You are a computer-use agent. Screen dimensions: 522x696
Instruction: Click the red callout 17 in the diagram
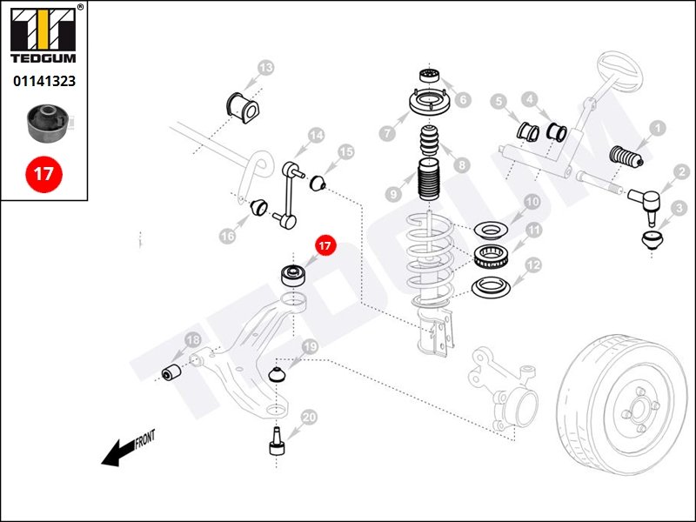coord(325,246)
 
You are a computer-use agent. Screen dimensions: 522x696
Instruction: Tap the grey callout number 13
coord(265,67)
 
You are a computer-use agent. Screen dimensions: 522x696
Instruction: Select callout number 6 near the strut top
coord(463,99)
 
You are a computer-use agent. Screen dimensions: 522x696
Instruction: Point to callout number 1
coord(658,128)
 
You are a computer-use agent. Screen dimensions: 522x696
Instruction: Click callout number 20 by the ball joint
coord(309,417)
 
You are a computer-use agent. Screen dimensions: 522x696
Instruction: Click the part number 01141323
coord(43,81)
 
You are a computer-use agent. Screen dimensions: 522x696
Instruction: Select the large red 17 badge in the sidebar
coord(43,173)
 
